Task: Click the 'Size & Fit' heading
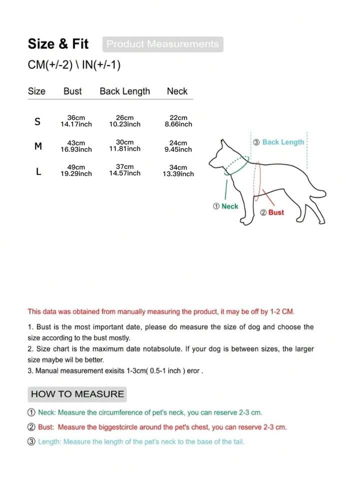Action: [58, 44]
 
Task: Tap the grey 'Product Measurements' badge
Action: [162, 44]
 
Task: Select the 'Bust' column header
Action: [72, 91]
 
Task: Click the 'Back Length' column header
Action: [124, 91]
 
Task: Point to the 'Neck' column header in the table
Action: [177, 91]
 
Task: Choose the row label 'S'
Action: [38, 122]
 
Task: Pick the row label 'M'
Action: [38, 146]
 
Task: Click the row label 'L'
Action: [38, 171]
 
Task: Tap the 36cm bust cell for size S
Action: [76, 121]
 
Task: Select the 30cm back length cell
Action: [124, 146]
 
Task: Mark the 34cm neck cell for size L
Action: [178, 171]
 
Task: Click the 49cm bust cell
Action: [76, 170]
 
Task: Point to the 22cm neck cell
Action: [178, 121]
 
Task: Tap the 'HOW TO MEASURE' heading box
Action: [77, 394]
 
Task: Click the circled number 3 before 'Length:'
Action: [31, 442]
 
